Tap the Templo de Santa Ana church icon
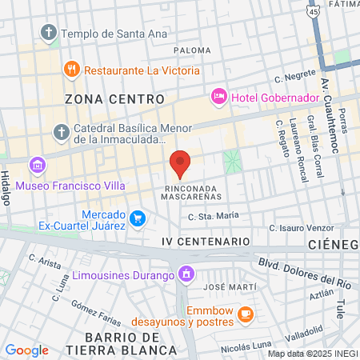pos(48,34)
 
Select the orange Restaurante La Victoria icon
pos(71,70)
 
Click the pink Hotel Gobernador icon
pos(218,97)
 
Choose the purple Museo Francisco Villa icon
pos(35,165)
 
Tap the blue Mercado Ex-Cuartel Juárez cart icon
pos(138,218)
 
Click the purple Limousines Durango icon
pos(186,275)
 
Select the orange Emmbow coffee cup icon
pos(246,315)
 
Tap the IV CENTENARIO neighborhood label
pos(206,241)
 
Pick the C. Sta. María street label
pos(214,216)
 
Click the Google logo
pos(26,350)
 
